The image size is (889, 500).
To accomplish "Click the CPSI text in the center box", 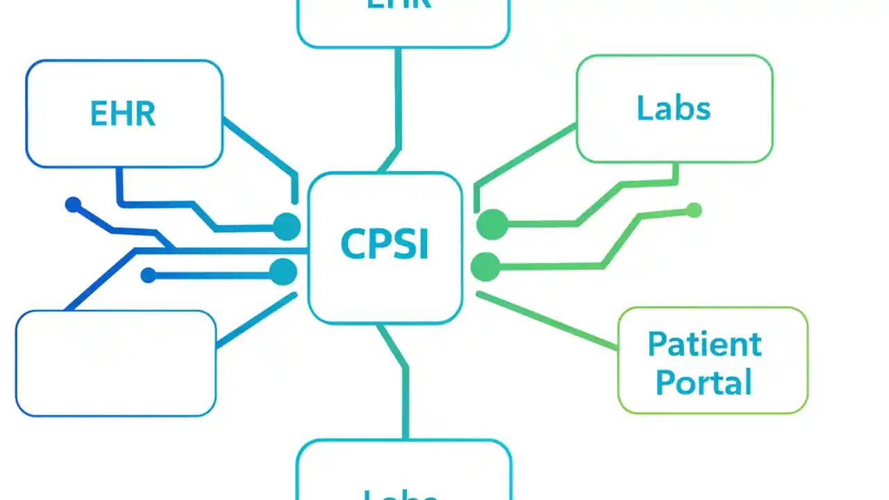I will (x=385, y=245).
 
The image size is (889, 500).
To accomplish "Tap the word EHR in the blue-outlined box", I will (x=123, y=114).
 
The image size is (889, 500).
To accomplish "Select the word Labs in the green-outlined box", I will (x=673, y=108).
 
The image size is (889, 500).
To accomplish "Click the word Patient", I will (x=704, y=344).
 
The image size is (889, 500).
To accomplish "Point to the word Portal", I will (x=704, y=382).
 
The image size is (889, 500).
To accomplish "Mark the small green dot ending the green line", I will (x=693, y=210).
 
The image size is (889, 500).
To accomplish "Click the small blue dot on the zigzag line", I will (x=73, y=205).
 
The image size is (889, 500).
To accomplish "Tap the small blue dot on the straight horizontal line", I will (x=148, y=276).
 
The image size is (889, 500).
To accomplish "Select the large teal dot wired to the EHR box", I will (x=287, y=226).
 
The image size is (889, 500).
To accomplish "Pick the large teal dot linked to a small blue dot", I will (x=283, y=272).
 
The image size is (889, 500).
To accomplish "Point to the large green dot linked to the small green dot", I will (x=485, y=267).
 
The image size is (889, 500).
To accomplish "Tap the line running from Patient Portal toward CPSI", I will (x=549, y=322).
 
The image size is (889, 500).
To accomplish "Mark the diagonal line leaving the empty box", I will (x=257, y=320).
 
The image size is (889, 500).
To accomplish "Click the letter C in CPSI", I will (x=353, y=245).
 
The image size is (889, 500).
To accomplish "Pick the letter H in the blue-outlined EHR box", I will (x=123, y=114).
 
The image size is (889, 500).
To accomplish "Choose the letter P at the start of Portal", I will (x=665, y=383).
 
